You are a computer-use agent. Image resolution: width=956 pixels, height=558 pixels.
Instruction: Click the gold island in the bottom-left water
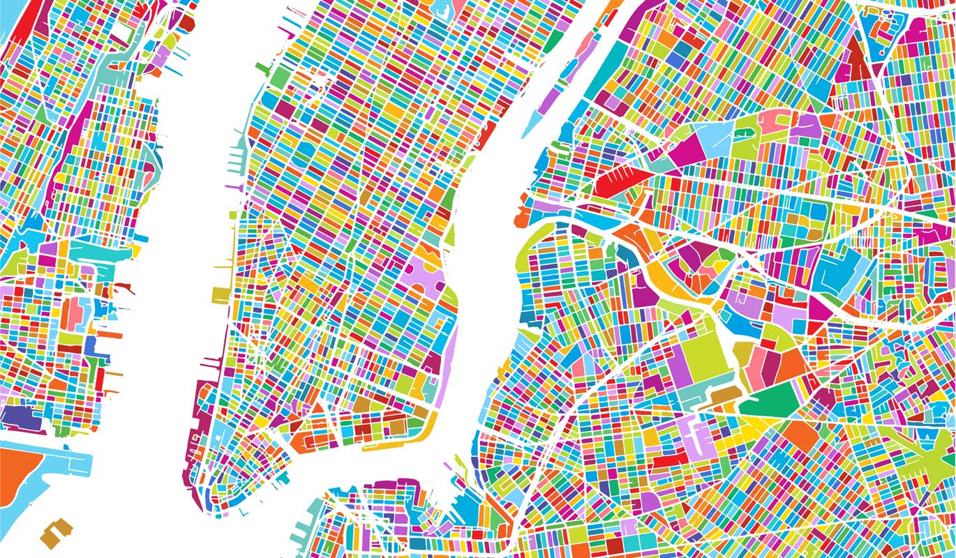point(57,533)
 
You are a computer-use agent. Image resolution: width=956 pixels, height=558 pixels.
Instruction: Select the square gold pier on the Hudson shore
point(220,294)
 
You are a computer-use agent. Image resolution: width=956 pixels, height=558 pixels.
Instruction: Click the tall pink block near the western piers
point(73,313)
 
